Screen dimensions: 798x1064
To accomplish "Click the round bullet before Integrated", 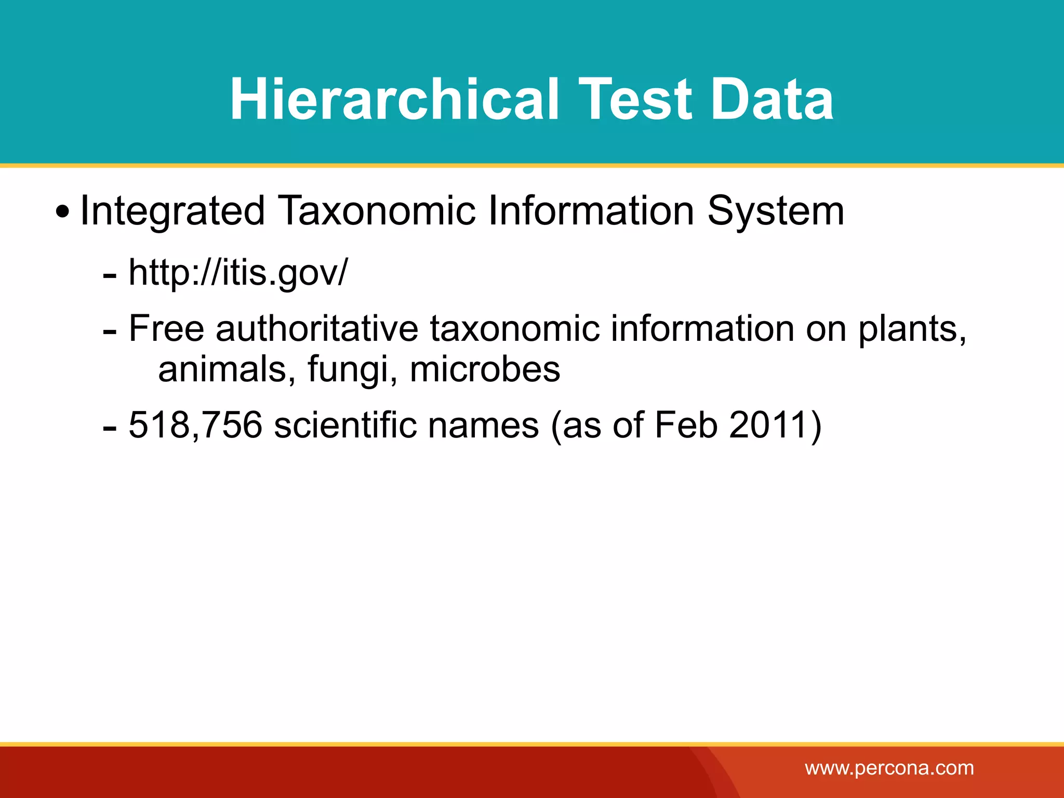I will point(62,212).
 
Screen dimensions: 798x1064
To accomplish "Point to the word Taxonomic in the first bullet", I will point(377,211).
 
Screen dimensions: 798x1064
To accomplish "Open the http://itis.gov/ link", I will point(237,272).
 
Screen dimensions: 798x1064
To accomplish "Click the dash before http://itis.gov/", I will point(110,276).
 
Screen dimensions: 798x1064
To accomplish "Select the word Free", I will point(166,329).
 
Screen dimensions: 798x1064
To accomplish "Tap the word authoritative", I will point(317,329).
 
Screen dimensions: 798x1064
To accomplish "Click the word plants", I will point(912,329).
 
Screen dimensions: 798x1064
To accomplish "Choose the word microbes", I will point(485,369).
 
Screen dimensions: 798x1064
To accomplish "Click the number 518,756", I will point(195,425).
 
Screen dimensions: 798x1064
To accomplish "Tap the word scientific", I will point(345,425).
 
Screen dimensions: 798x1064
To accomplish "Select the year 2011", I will point(768,425).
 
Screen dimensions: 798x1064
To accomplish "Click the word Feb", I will point(686,425).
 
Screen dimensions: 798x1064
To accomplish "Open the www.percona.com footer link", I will point(889,768).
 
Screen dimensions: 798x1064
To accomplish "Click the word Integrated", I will point(172,211).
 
